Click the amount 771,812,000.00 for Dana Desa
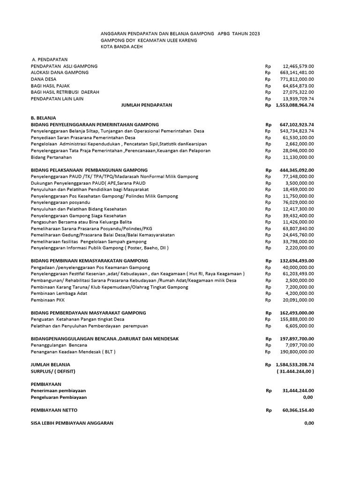coord(298,79)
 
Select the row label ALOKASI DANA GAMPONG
coord(59,73)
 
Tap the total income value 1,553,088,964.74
coord(295,105)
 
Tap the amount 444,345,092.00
coord(297,170)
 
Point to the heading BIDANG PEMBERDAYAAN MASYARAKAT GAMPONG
coord(88,313)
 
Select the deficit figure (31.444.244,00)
coord(295,371)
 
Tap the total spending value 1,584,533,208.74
coord(295,364)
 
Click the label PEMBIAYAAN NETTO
coord(54,410)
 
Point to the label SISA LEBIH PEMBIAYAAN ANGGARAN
coord(72,423)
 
